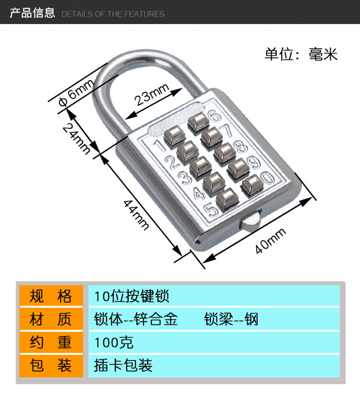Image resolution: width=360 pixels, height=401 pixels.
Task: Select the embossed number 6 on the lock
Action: click(214, 116)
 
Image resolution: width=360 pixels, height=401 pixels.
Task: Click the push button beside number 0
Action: click(251, 185)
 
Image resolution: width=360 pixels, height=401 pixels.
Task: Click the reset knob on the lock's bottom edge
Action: click(250, 221)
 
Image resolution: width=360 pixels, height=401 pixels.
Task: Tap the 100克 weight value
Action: click(114, 343)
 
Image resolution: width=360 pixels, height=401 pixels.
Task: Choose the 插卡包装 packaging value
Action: click(123, 365)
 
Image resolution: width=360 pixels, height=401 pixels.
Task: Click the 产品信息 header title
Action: click(32, 13)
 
